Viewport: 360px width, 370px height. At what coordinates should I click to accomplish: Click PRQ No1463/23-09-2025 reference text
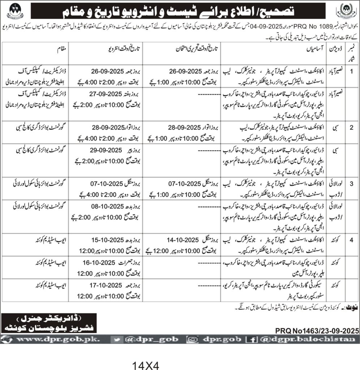pyautogui.click(x=317, y=330)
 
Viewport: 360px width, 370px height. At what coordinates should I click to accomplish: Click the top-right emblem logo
pyautogui.click(x=346, y=10)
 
